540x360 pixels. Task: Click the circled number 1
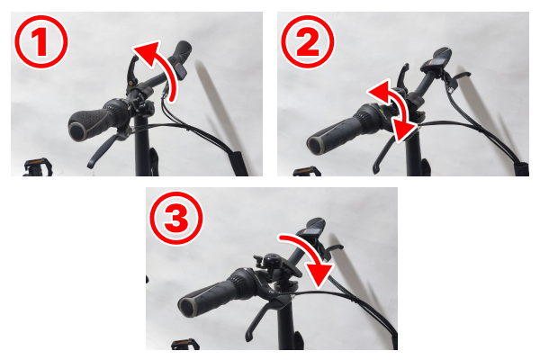pos(41,41)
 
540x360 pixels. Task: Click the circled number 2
pos(308,41)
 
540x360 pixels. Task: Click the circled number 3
pos(176,218)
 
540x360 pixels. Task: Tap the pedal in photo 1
pos(38,167)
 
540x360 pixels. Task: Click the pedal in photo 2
pos(307,172)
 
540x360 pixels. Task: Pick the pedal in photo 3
pos(185,344)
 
